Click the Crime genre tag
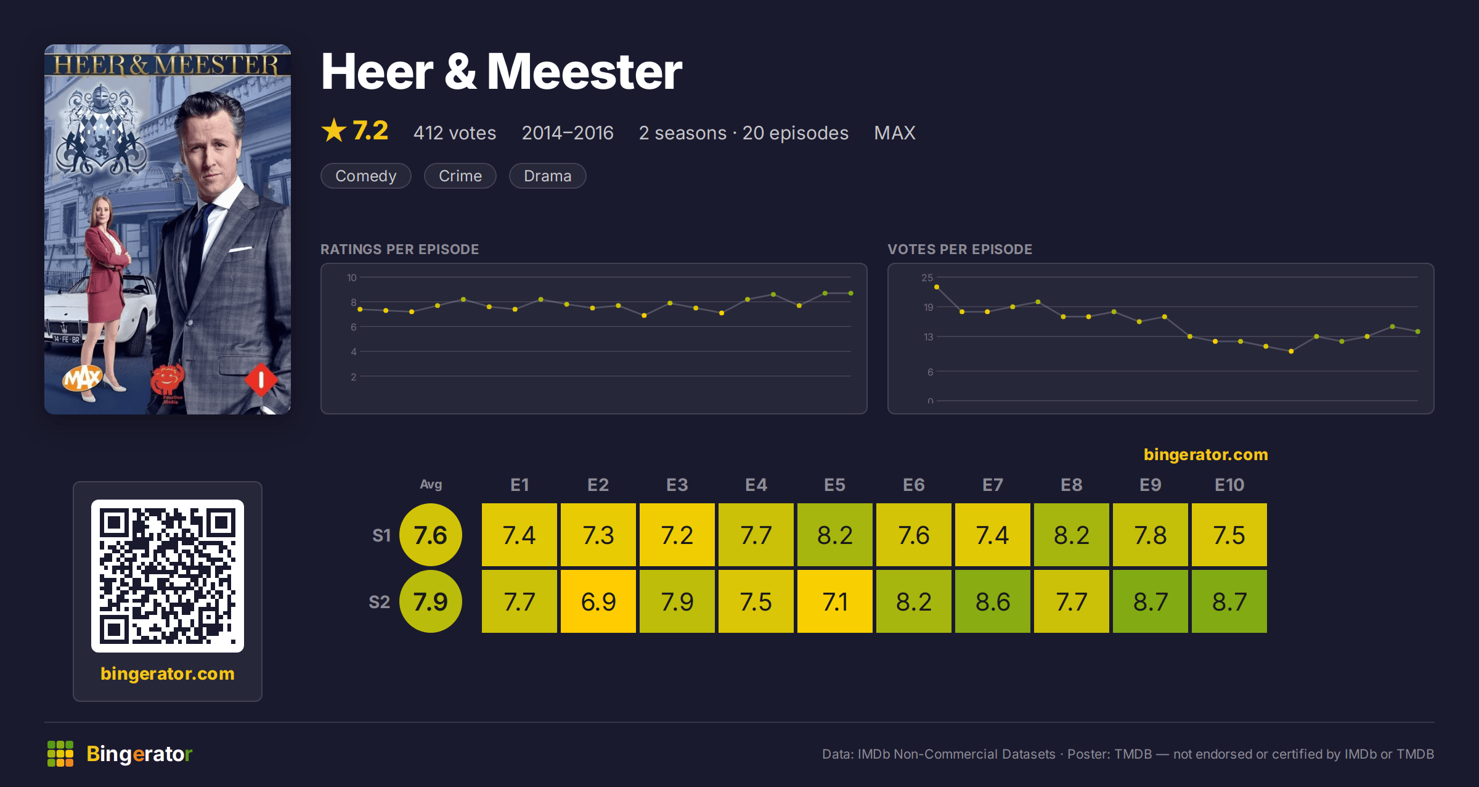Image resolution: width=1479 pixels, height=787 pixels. (460, 176)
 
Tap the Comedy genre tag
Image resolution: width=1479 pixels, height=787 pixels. (366, 176)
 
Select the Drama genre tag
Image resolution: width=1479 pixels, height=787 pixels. (547, 176)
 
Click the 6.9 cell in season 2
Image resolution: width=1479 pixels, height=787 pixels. (598, 601)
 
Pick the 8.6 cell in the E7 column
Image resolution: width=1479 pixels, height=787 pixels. (993, 601)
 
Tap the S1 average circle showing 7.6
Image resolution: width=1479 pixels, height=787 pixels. (431, 535)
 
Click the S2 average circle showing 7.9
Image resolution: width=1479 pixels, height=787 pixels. (431, 601)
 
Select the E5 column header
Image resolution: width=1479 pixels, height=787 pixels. (835, 485)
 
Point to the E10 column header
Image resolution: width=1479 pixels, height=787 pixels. (1229, 485)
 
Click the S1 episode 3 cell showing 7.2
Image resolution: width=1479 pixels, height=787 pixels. (677, 535)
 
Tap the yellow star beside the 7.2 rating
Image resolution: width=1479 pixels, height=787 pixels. (334, 130)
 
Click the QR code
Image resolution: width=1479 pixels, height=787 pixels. (168, 576)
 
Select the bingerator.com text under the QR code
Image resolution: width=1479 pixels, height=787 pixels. (168, 674)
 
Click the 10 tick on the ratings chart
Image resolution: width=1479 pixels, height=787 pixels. (352, 278)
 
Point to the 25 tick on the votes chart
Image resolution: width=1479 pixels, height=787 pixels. (927, 278)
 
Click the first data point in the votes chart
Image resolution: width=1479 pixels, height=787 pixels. (937, 287)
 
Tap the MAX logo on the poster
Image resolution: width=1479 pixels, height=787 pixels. (82, 377)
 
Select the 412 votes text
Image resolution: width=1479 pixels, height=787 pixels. (455, 133)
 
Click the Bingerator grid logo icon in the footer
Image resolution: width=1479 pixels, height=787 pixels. (60, 754)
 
